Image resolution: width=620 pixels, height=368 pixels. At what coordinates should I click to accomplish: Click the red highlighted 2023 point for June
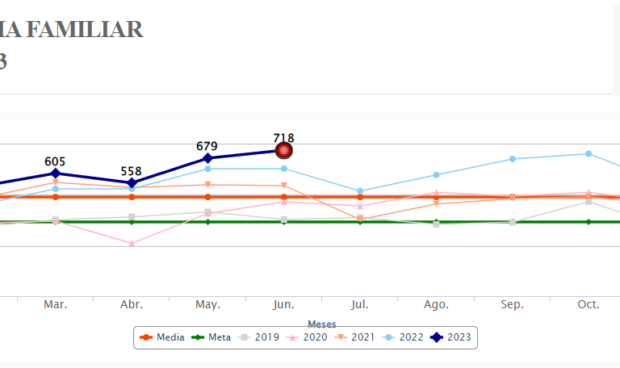[x=284, y=150]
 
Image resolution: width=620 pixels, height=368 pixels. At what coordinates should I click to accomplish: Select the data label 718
[x=283, y=138]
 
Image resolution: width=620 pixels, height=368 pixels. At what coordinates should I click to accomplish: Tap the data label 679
[x=207, y=146]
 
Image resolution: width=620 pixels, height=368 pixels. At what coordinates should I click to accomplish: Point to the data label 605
[x=55, y=161]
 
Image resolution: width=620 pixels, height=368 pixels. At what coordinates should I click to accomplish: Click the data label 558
[x=132, y=171]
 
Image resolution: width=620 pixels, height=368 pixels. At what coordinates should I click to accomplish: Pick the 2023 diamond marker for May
[x=207, y=158]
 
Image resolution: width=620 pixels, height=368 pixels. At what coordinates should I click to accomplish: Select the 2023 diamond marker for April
[x=132, y=183]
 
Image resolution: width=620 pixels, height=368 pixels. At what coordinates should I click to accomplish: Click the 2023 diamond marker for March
[x=55, y=173]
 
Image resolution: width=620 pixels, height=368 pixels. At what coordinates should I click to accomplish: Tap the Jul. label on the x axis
[x=360, y=304]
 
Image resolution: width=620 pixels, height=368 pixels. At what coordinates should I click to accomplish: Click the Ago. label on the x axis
[x=436, y=304]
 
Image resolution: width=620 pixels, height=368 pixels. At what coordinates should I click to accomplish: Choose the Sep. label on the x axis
[x=512, y=304]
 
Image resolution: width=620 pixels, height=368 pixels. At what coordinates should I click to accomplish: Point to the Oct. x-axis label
[x=588, y=304]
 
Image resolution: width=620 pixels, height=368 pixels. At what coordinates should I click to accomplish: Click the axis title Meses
[x=321, y=324]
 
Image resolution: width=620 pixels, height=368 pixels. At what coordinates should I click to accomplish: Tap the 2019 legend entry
[x=259, y=337]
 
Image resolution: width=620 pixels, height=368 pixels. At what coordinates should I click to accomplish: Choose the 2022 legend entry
[x=403, y=337]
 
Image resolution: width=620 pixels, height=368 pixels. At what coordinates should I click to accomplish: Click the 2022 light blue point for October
[x=589, y=153]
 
